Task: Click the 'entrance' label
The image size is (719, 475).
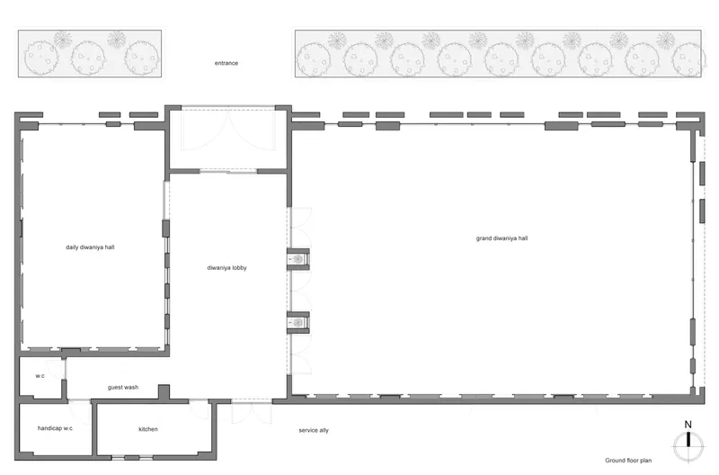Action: [x=226, y=63]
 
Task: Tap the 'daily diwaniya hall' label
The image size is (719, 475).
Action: [x=90, y=246]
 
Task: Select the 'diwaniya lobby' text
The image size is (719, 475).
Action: [x=226, y=267]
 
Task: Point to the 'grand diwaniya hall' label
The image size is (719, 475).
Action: [x=502, y=238]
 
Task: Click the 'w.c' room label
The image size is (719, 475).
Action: [x=40, y=376]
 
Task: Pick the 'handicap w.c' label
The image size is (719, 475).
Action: [x=55, y=428]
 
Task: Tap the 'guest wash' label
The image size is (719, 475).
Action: [x=123, y=387]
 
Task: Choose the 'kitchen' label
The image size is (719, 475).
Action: [x=148, y=429]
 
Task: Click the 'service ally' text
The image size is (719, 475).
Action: [x=314, y=430]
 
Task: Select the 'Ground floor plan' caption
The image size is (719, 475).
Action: [x=628, y=461]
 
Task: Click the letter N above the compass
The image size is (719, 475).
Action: [x=688, y=425]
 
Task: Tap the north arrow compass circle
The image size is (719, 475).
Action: [x=688, y=446]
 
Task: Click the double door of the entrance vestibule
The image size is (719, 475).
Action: [x=228, y=130]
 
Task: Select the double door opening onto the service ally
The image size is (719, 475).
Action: [x=252, y=411]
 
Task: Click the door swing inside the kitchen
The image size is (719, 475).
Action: [x=200, y=409]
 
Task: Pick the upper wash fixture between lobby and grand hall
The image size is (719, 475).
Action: [x=298, y=259]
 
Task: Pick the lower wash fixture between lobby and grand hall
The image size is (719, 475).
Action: [x=298, y=322]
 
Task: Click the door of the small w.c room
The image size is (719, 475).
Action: [x=56, y=370]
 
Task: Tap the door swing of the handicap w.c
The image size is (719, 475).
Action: [x=80, y=412]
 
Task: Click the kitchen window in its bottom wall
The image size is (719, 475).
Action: [x=132, y=458]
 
